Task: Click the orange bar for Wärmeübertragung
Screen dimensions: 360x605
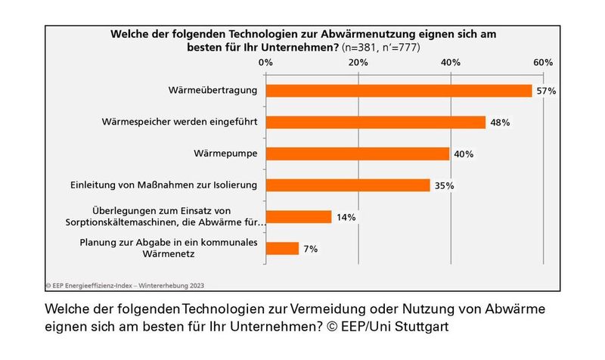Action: click(399, 91)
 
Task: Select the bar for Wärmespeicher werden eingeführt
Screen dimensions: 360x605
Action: click(376, 123)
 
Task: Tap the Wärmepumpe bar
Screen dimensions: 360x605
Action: click(358, 154)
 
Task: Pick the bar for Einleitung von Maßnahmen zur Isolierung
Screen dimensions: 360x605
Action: click(348, 185)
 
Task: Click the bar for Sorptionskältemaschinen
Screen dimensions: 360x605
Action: click(299, 217)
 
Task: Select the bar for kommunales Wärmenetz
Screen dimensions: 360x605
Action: click(283, 248)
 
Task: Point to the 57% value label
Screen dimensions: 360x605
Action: click(546, 91)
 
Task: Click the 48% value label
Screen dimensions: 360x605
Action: click(500, 123)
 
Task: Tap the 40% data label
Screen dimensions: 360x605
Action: click(463, 154)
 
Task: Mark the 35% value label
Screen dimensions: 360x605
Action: click(444, 185)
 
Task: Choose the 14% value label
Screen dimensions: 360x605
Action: click(346, 217)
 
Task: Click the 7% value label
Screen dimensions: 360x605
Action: click(311, 248)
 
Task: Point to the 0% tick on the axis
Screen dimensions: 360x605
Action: click(265, 62)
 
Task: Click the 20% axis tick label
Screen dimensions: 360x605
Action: click(358, 62)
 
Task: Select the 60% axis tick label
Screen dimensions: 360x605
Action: click(543, 62)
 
